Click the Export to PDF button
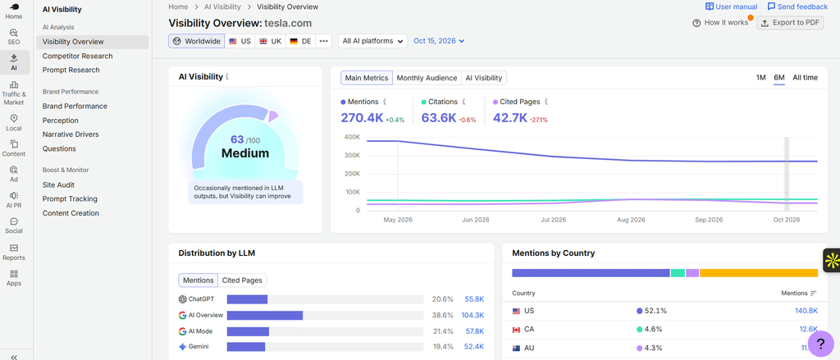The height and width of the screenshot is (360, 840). (790, 23)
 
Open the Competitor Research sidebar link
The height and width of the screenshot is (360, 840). (78, 56)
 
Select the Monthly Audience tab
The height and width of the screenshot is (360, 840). (427, 78)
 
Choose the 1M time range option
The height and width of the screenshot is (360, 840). (760, 78)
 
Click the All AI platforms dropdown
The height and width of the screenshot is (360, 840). (373, 41)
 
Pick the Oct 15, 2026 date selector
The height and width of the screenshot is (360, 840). (439, 41)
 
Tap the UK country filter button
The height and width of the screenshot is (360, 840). (270, 41)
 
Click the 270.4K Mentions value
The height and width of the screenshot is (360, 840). (362, 118)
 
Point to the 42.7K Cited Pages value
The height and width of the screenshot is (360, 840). (510, 118)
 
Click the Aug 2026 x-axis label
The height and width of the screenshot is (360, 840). (631, 220)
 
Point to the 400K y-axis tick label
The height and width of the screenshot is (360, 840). (351, 137)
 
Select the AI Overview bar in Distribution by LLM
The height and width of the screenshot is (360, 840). (265, 316)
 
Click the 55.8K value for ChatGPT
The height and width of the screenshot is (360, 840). (474, 299)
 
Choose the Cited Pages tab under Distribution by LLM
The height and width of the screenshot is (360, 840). (242, 280)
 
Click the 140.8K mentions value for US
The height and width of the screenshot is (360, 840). (806, 311)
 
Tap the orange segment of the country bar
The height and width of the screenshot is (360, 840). (759, 273)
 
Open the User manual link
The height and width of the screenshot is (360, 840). (731, 7)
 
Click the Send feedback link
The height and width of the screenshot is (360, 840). (797, 7)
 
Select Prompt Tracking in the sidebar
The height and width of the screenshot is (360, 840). (70, 198)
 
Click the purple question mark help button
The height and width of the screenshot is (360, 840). (820, 344)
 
